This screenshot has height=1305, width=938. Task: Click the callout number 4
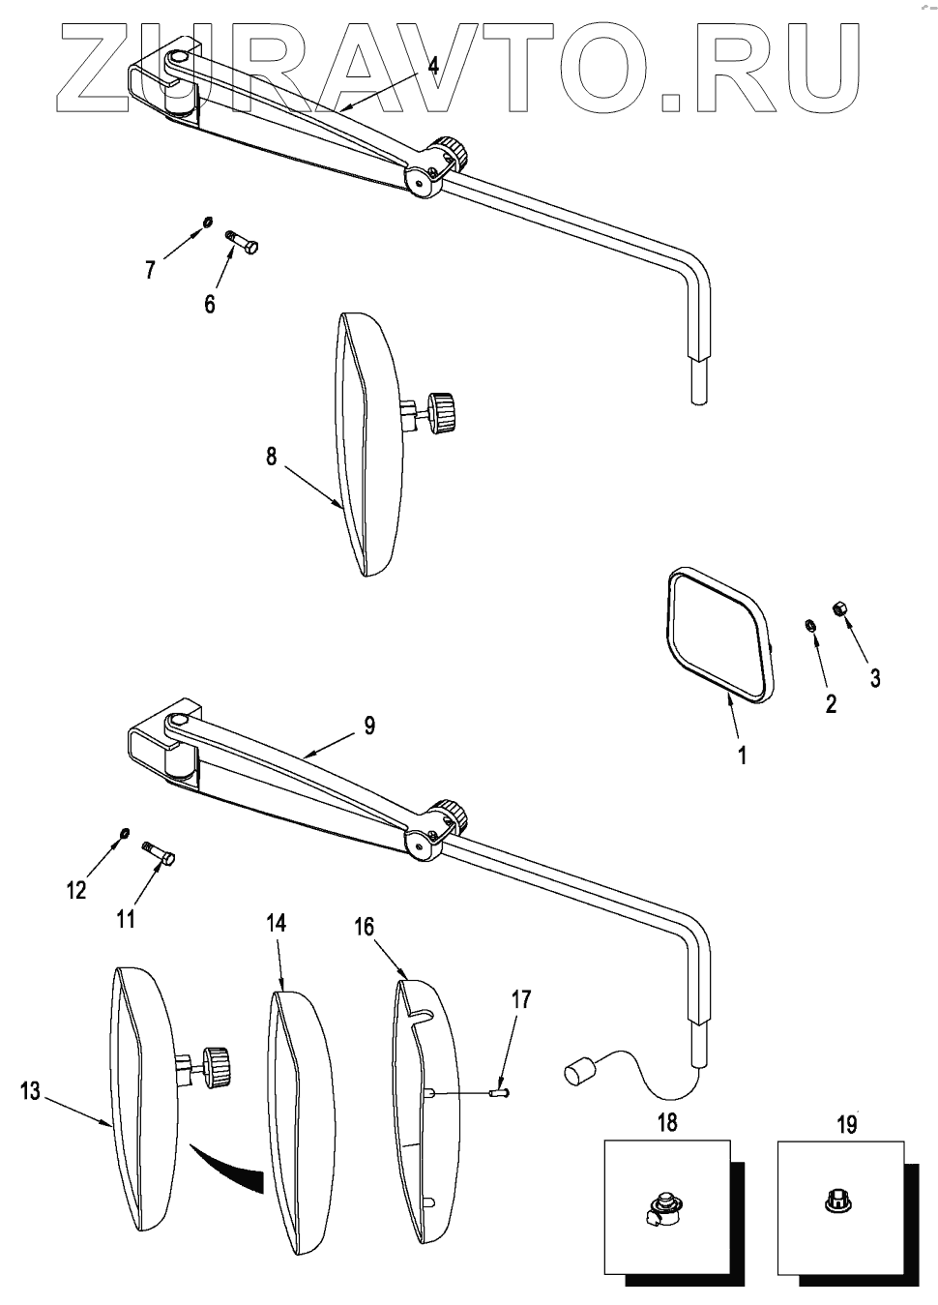(x=433, y=66)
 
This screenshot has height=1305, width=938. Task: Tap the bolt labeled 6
(x=242, y=241)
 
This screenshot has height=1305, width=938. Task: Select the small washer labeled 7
(x=207, y=223)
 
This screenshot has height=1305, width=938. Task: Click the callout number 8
(x=272, y=456)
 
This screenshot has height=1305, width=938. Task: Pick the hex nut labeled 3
(x=840, y=608)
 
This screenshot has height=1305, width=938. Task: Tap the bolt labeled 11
(x=160, y=851)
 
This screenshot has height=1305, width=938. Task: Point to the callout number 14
(x=277, y=923)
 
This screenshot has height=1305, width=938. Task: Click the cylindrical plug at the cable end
(x=579, y=1073)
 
